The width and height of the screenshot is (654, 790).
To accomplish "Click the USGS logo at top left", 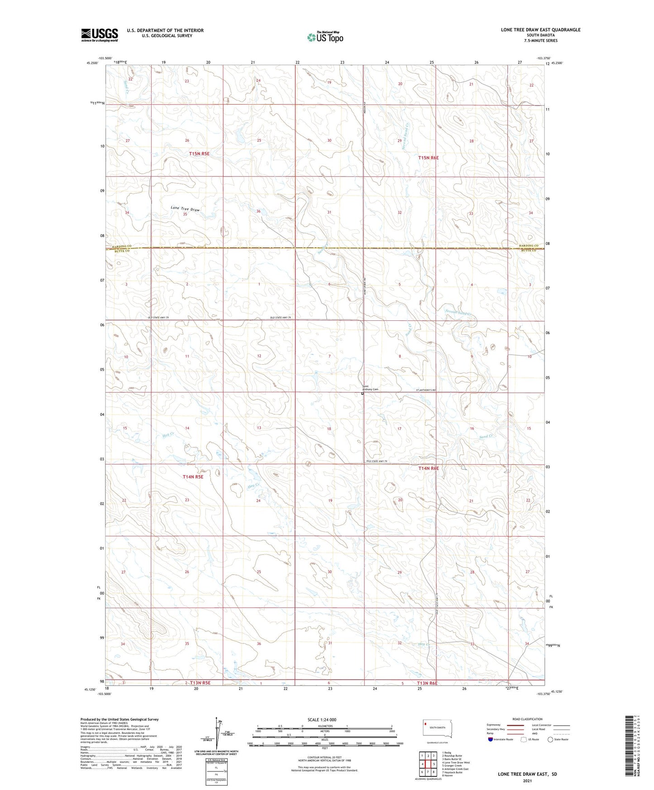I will (x=100, y=35).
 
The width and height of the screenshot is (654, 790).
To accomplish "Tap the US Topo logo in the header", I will (x=325, y=37).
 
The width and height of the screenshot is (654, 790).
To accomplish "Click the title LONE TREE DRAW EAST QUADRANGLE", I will (x=540, y=30).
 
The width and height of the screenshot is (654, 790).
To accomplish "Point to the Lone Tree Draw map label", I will (x=185, y=209).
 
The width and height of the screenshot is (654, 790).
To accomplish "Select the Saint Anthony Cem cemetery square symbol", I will (x=363, y=394).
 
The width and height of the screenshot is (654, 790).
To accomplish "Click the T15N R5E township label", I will (x=199, y=154).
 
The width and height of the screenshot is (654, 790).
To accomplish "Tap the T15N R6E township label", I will (x=428, y=157).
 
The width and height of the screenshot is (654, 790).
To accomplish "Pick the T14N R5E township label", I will (x=193, y=476).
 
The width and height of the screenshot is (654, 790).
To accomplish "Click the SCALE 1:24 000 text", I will (x=322, y=719).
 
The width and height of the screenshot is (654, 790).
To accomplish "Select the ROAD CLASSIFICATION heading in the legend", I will (x=527, y=719).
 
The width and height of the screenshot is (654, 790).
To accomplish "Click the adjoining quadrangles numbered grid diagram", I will (x=428, y=764).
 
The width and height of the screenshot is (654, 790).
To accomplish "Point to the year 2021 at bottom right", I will (x=527, y=781).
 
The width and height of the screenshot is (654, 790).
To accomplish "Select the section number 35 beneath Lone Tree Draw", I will (x=185, y=214).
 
